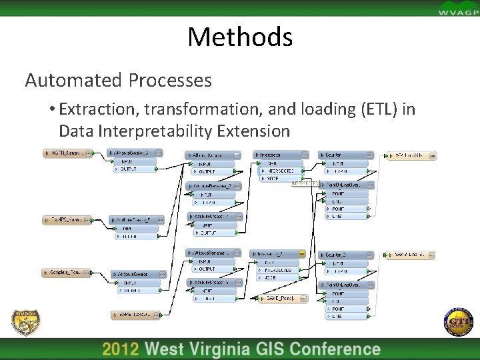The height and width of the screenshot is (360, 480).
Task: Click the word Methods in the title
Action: coord(240,37)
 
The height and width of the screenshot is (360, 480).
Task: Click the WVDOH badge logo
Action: coord(25,323)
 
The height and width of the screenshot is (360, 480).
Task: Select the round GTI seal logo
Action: coord(458,322)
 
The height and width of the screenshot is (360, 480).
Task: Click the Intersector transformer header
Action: coord(275,155)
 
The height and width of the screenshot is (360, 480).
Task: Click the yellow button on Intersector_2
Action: coord(301,254)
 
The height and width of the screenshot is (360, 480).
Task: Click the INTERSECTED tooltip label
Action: coord(305,183)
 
